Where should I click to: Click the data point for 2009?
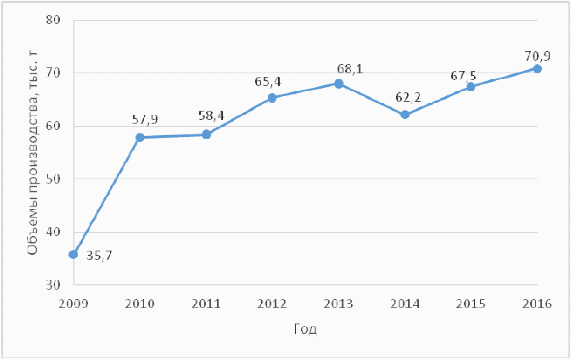click(x=73, y=254)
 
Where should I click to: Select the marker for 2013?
click(x=339, y=84)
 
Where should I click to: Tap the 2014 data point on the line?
click(x=405, y=114)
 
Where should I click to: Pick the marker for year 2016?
click(x=537, y=69)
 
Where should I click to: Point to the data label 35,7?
click(x=99, y=256)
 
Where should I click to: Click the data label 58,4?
click(x=211, y=115)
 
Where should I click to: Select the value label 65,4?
click(x=268, y=82)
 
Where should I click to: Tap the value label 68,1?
click(x=350, y=69)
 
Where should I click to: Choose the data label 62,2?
click(x=408, y=98)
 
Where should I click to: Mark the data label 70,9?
click(x=537, y=56)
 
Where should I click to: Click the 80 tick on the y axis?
click(x=53, y=20)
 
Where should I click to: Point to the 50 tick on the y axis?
click(x=53, y=179)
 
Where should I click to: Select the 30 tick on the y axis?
click(x=53, y=285)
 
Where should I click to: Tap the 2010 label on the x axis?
click(x=140, y=304)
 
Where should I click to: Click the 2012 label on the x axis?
click(x=272, y=304)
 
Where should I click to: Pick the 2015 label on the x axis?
click(x=470, y=304)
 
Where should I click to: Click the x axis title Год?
click(x=305, y=329)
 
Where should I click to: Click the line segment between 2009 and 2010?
click(x=106, y=196)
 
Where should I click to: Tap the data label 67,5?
click(x=463, y=75)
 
